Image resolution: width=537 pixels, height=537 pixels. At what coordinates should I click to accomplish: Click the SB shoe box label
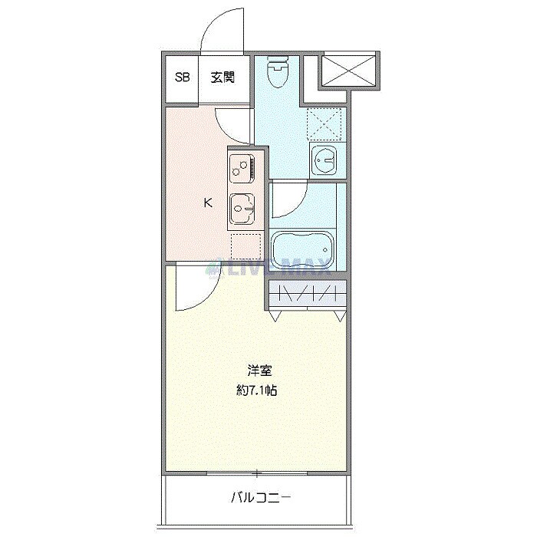coord(183,77)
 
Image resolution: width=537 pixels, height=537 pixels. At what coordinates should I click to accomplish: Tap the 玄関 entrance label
coord(222,77)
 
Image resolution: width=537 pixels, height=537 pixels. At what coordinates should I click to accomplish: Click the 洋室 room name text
coord(257,368)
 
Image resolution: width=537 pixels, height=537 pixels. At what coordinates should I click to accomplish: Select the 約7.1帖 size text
coord(256,390)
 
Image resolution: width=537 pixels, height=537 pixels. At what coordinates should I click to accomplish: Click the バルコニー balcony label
coord(261,498)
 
